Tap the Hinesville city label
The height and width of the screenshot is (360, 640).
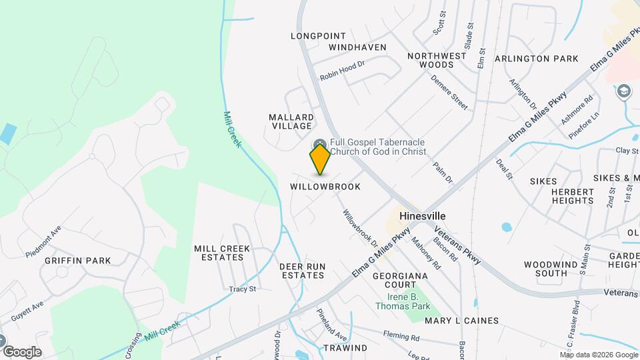423,217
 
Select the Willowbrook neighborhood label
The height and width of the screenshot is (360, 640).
325,187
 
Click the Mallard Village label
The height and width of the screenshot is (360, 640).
291,121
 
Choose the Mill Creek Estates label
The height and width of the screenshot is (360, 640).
222,253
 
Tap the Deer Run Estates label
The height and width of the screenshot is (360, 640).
303,271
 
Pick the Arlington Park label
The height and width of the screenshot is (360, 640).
537,59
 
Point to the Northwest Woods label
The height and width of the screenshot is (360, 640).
437,60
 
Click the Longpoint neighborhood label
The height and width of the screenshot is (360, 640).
319,36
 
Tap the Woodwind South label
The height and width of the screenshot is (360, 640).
545,269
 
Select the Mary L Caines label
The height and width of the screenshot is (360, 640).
461,321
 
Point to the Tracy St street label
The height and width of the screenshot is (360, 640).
243,289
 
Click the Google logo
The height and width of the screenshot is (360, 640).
22,351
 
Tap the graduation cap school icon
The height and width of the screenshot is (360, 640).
624,91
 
